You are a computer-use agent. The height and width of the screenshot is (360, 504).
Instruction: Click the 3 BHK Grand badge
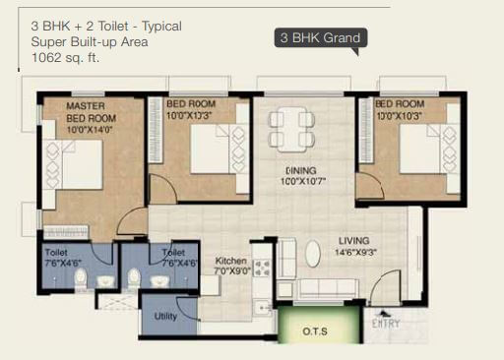tap(321, 38)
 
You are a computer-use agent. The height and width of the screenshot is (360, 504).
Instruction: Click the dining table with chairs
tap(290, 125)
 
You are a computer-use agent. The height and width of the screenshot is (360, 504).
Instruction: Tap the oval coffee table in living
tap(312, 254)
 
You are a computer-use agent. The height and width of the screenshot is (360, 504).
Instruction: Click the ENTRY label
tap(385, 323)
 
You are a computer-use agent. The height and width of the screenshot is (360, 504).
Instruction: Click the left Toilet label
tap(55, 252)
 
